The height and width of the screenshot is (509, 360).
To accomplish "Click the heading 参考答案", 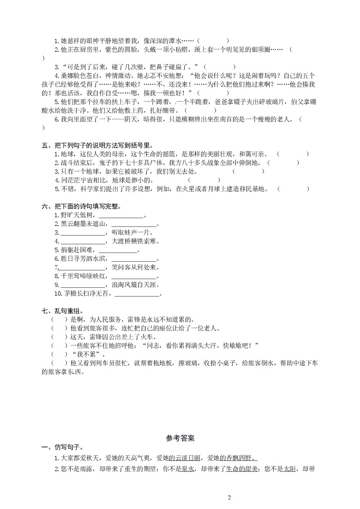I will (x=180, y=437).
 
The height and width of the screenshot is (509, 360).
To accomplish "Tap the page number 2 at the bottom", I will (x=229, y=498).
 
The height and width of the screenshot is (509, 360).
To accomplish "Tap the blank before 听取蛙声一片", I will (x=82, y=233).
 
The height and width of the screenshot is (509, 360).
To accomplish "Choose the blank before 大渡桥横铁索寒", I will (x=82, y=241).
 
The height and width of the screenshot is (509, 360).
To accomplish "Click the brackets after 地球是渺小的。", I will (x=204, y=180).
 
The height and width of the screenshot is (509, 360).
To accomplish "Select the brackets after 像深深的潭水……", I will (x=213, y=41).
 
